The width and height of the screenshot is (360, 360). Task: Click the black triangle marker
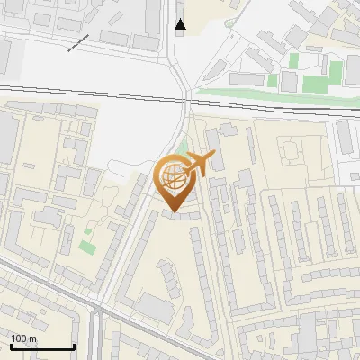tap(181, 24)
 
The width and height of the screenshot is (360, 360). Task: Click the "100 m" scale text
tap(24, 338)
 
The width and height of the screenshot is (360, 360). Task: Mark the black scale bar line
tap(41, 346)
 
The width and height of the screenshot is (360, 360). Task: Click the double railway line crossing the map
tap(90, 89)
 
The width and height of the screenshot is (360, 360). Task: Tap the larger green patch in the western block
tap(86, 245)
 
